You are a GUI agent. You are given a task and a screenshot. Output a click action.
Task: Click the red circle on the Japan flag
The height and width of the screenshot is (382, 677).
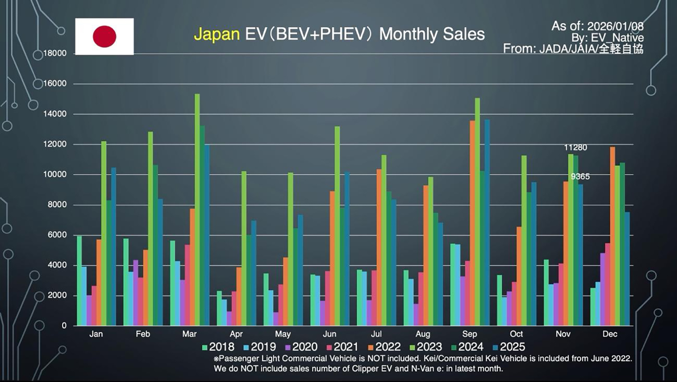(104, 37)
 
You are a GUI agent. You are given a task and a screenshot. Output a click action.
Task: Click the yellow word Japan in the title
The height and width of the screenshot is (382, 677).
(217, 34)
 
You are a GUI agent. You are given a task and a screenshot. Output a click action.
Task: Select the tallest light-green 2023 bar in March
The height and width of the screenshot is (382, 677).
(197, 208)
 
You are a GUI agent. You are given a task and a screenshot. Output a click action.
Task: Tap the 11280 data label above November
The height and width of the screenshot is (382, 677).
(575, 147)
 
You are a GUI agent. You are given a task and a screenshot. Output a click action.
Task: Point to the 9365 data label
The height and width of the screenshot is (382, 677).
(580, 176)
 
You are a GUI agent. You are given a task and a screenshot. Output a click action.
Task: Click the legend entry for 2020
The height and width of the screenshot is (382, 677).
(301, 347)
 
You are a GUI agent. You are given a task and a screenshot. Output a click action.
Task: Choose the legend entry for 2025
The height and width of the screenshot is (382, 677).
(509, 347)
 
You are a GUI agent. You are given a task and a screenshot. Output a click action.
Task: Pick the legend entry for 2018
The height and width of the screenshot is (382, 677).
(218, 347)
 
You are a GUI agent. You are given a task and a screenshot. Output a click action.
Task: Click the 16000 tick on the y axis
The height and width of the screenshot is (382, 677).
(55, 84)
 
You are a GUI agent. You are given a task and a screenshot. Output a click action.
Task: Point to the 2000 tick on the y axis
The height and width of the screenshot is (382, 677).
(57, 295)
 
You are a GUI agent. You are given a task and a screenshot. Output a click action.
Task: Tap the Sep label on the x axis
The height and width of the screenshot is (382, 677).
(469, 334)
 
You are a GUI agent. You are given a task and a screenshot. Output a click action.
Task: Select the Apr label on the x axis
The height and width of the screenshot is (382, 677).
(236, 334)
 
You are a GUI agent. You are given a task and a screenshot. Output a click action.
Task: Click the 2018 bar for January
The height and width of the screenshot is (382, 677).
(79, 280)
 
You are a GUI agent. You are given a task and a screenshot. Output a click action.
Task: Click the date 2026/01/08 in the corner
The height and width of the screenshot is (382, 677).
(615, 26)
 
